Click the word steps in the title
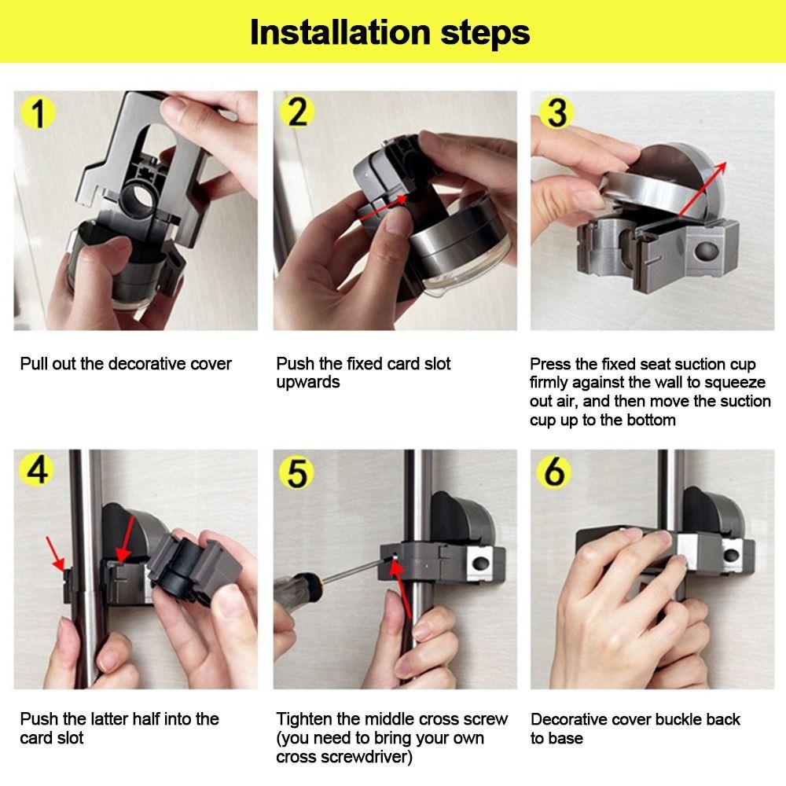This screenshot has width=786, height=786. [485, 34]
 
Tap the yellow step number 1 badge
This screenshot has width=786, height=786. [37, 114]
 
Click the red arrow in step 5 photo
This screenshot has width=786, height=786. [402, 586]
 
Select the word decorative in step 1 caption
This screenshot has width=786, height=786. [148, 364]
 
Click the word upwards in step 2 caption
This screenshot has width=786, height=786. [308, 383]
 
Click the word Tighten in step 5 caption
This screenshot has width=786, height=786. [303, 719]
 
